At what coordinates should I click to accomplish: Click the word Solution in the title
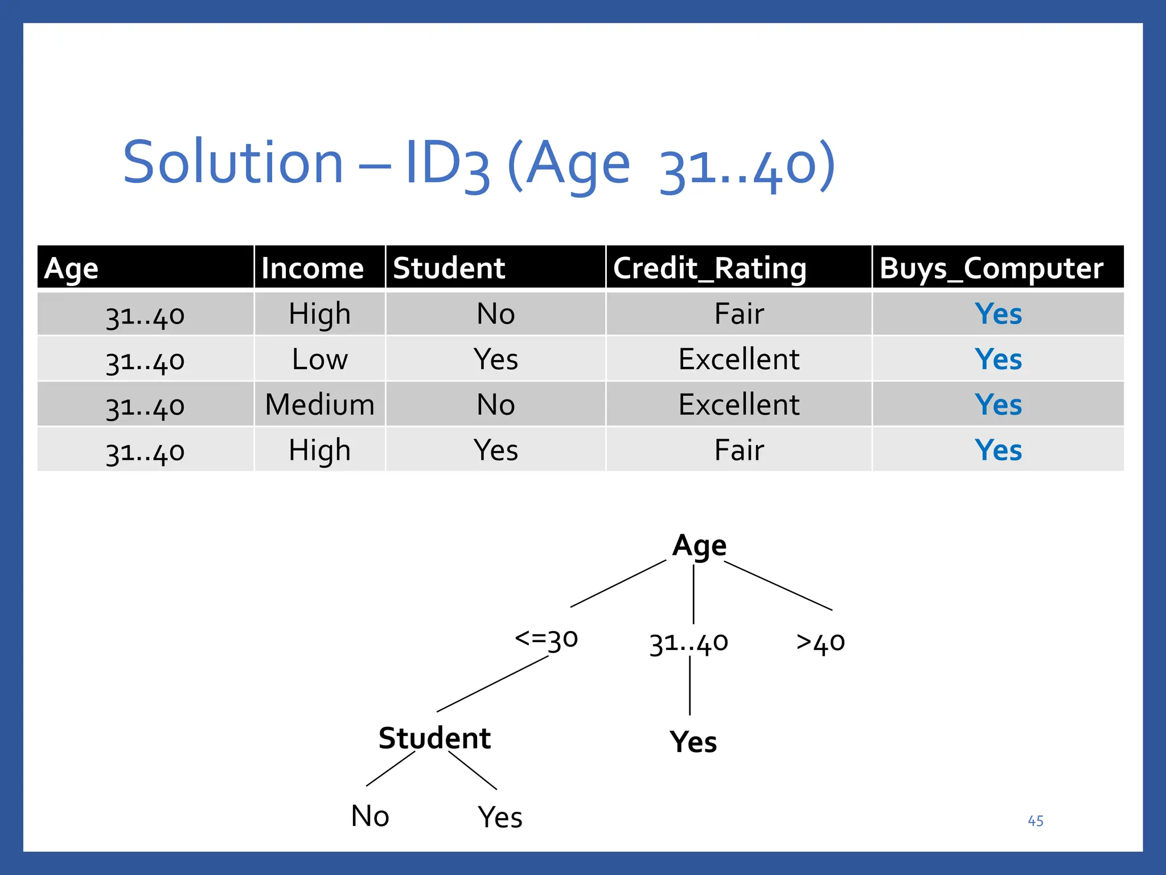click(x=233, y=163)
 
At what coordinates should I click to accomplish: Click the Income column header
click(x=312, y=268)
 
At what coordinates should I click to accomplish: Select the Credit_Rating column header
click(x=709, y=268)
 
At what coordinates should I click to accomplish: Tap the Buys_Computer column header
click(x=991, y=268)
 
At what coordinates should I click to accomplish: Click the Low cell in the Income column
click(x=319, y=359)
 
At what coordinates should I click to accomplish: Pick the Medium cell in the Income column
click(x=319, y=405)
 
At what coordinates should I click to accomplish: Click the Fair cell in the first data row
click(x=738, y=314)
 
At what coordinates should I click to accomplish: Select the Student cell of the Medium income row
click(x=495, y=405)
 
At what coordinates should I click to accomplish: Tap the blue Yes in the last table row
click(x=998, y=450)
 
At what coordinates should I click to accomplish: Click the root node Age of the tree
click(x=699, y=546)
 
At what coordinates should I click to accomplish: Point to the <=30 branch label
click(x=546, y=639)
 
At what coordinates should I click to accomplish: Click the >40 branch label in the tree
click(x=820, y=643)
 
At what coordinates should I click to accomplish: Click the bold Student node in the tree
click(x=434, y=738)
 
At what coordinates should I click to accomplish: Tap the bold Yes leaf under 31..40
click(x=693, y=742)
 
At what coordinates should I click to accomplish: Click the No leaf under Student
click(x=370, y=816)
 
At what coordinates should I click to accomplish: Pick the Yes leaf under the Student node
click(x=500, y=817)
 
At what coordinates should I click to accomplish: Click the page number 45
click(x=1035, y=821)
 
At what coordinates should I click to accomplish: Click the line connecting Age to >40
click(x=778, y=586)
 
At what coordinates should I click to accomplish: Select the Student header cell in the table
click(x=449, y=268)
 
